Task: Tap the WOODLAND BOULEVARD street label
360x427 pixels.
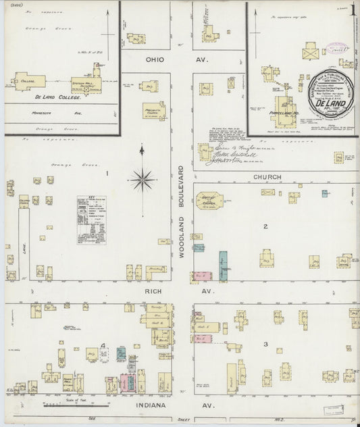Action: pos(181,209)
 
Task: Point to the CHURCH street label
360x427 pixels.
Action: pos(267,177)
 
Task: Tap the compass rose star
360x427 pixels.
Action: pos(142,180)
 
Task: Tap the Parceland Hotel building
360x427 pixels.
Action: pos(284,111)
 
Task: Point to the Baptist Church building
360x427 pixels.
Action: pos(210,200)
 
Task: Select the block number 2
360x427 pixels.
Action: pos(265,226)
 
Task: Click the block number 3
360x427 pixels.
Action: pos(265,345)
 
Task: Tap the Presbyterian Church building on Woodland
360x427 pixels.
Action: pos(154,111)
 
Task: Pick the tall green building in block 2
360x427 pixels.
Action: pos(223,266)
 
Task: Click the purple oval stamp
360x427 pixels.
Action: pos(336,48)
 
